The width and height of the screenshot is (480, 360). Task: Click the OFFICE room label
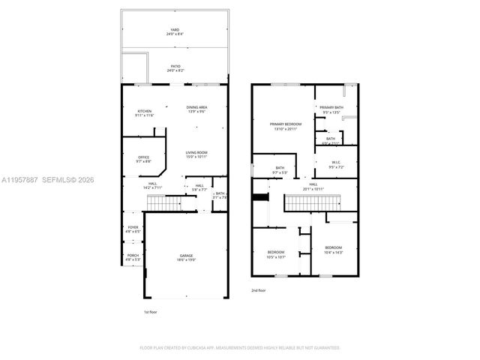point(143,158)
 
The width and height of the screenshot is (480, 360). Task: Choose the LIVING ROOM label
point(196,154)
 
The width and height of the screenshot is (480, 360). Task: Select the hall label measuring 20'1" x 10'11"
point(313,186)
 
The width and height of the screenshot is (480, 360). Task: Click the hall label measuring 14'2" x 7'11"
point(152,185)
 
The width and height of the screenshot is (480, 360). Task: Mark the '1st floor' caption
point(151,311)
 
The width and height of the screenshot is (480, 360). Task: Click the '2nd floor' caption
point(259,289)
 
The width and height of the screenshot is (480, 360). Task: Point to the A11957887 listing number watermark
point(21,179)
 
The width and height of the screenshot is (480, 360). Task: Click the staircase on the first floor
point(164,202)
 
